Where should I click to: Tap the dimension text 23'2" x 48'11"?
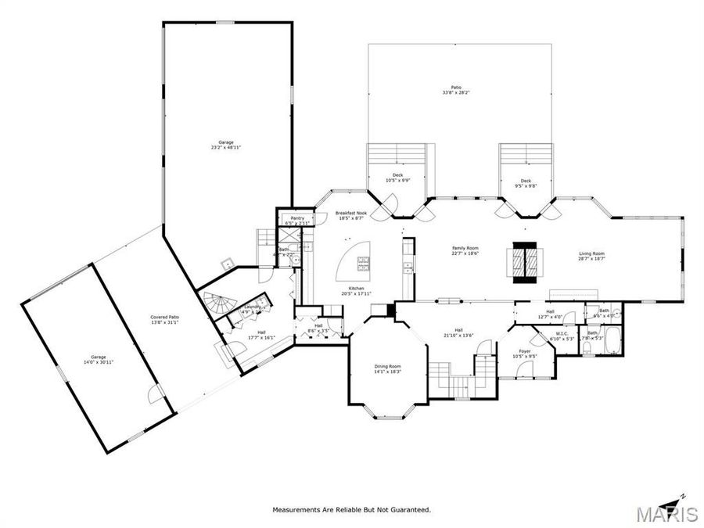click(226, 147)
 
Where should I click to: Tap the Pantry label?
click(296, 218)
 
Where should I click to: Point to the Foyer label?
click(525, 351)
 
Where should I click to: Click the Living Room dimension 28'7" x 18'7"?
click(591, 258)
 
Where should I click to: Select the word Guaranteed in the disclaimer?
click(408, 510)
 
